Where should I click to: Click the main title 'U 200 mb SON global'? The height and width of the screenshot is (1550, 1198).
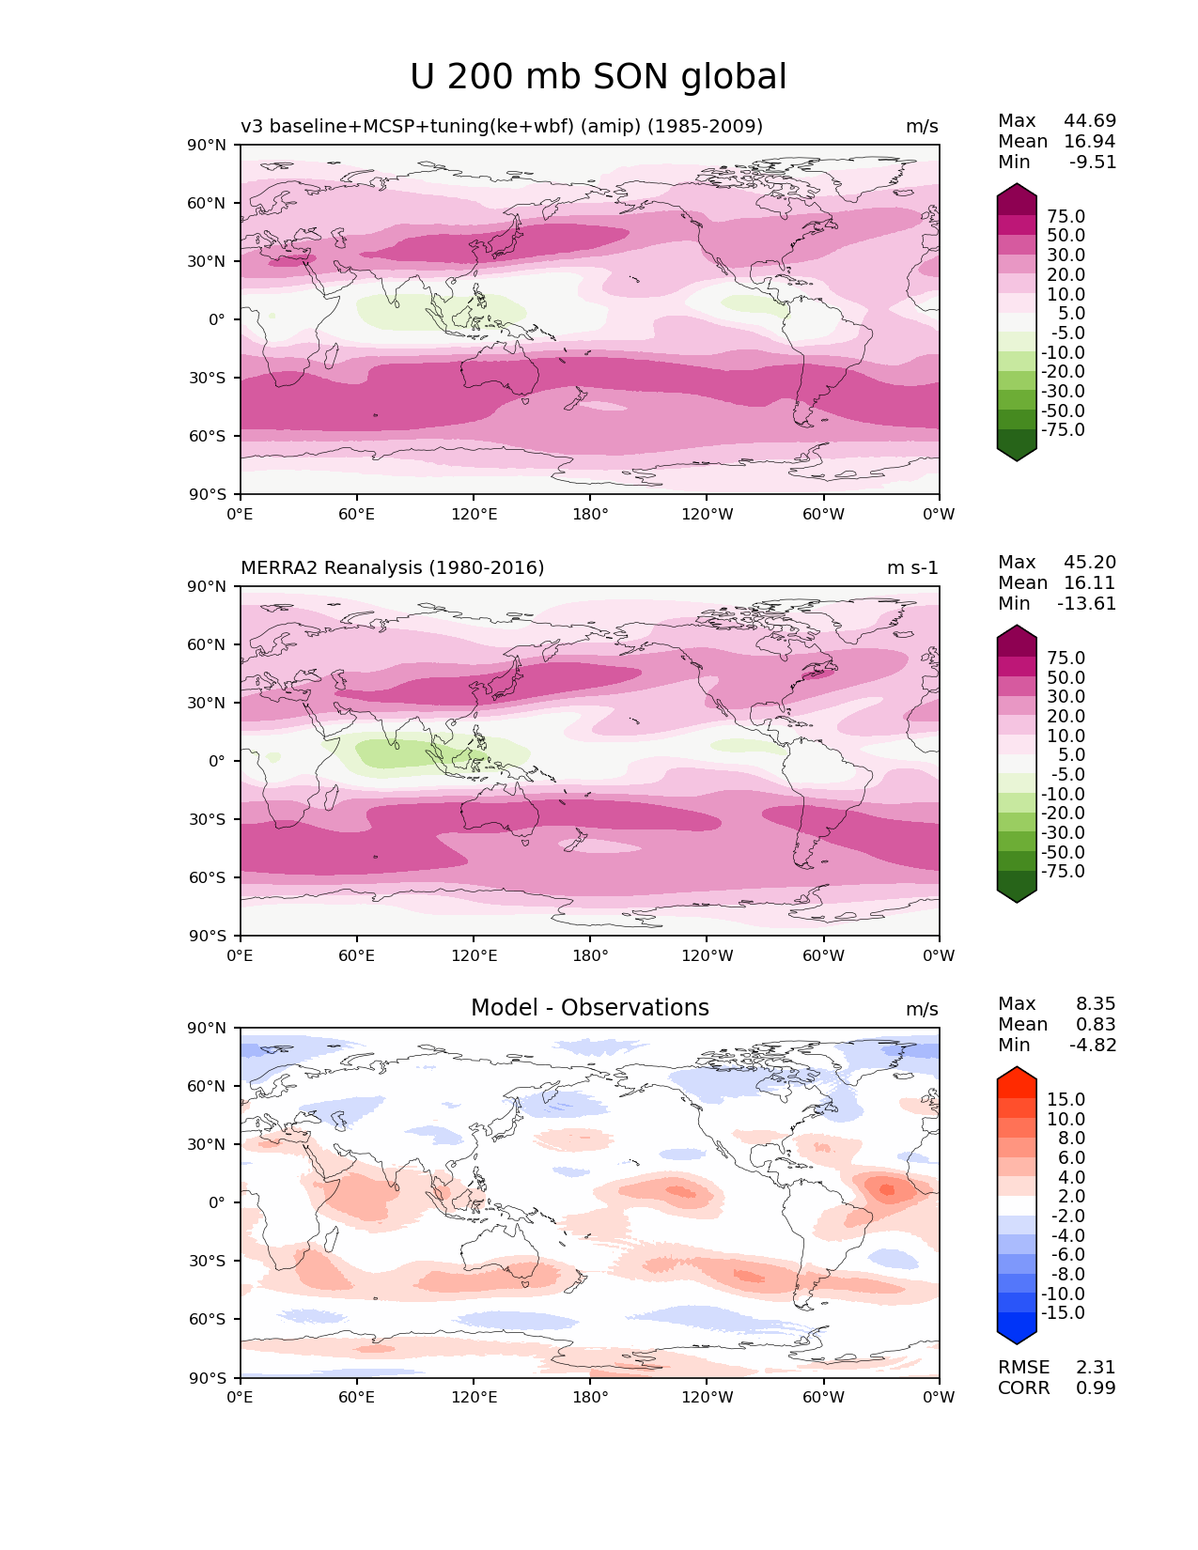click(598, 77)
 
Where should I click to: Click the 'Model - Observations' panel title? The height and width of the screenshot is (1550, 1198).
click(589, 1008)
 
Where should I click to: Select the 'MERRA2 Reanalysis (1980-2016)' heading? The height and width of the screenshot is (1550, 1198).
click(392, 568)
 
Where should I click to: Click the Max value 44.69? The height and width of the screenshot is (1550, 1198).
click(1089, 121)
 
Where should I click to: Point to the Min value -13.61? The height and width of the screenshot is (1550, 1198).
click(1086, 604)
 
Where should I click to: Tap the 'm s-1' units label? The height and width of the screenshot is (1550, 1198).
click(911, 568)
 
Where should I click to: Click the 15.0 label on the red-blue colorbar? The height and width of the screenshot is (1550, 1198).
click(1066, 1100)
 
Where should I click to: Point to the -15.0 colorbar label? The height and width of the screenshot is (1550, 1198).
click(1063, 1313)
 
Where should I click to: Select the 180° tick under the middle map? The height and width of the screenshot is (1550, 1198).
click(590, 956)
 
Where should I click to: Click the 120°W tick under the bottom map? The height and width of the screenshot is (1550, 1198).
click(707, 1398)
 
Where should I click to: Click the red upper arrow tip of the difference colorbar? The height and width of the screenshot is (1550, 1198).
click(1017, 1073)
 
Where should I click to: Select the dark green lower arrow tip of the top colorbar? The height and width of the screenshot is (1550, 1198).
click(1017, 455)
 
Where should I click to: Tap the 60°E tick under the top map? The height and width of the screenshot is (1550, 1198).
click(356, 515)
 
